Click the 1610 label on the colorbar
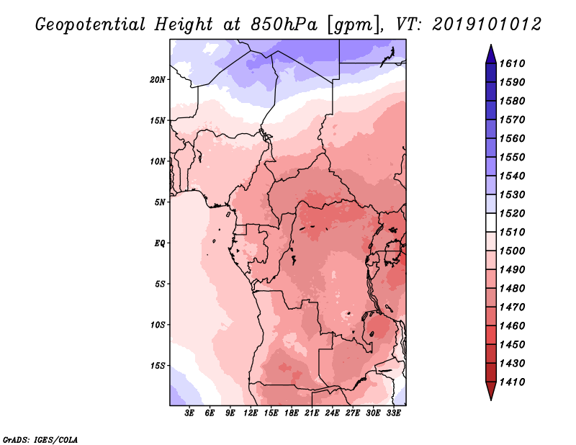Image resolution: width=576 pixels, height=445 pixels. coord(512,63)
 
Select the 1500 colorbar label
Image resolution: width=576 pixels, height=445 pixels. coord(512,251)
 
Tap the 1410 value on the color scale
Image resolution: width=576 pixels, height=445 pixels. coord(512,382)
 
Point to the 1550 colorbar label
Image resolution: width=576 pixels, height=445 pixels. coord(512,157)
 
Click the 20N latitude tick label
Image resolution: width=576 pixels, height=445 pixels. coord(158,80)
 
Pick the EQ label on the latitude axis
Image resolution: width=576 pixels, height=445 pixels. coord(160,243)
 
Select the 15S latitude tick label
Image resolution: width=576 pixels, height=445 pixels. coord(158,366)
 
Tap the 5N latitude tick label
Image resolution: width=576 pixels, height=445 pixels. coord(160,202)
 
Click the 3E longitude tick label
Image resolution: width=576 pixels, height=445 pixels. coord(189,413)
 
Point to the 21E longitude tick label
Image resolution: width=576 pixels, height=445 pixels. coord(312,413)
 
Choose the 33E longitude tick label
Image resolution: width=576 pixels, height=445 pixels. coord(393,413)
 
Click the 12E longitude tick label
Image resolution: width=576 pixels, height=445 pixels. coord(251,413)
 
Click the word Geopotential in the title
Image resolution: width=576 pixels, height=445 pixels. coord(91,24)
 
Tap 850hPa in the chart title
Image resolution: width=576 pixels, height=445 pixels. coord(284,24)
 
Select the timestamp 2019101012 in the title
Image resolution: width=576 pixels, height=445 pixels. coord(487,24)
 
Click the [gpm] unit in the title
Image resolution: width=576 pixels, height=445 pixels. coord(354,25)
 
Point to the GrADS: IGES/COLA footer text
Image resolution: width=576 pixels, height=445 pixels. coord(40,440)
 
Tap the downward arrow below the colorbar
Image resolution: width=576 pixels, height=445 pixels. coord(491,390)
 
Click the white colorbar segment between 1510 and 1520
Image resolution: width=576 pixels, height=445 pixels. coord(491,223)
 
